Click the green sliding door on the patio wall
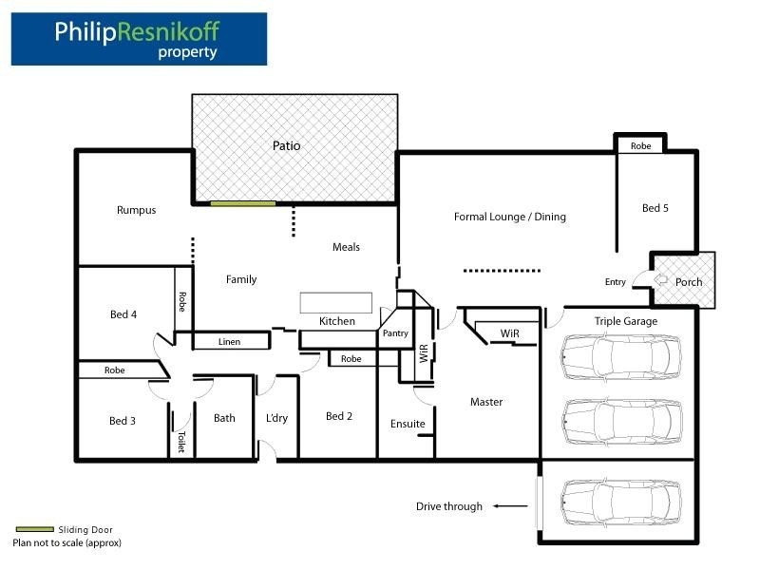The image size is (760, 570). coord(243,203)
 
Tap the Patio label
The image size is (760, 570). coord(287,145)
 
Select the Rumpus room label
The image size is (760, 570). coord(136,210)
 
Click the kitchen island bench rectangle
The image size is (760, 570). coord(336,303)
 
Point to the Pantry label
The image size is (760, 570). coord(395,333)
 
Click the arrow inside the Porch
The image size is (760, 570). coord(660,279)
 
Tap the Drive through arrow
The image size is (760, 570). coord(510,506)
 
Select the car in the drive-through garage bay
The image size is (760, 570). coord(621,503)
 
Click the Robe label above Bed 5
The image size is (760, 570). coord(640,146)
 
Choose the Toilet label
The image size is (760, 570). coord(181,442)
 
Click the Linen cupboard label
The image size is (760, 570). coord(229,342)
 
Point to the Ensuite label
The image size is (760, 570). coord(408,424)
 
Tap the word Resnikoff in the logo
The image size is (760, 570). coord(168,31)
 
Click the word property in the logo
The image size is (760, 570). coord(187,52)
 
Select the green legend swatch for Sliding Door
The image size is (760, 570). coord(34,529)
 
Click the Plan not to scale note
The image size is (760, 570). coord(66,542)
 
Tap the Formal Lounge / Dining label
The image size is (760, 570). coord(510,217)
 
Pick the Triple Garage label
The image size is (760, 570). coord(626,321)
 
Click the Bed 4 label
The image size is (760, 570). coord(123,314)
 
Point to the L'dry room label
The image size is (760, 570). coord(276,418)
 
